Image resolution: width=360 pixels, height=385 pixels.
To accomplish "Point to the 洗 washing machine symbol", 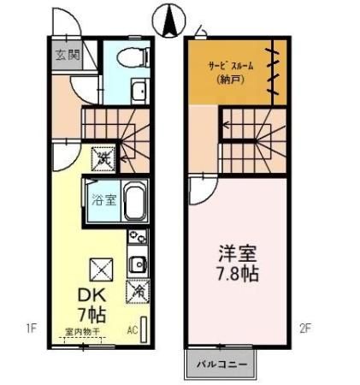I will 103,158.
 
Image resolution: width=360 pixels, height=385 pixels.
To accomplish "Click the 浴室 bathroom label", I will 102,202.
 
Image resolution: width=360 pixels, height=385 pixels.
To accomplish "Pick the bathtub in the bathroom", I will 136,202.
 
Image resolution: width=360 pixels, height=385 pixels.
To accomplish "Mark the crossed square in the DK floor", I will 102,269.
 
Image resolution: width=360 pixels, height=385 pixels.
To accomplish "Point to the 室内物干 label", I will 83,331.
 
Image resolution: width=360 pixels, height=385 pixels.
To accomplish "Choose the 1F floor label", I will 31,327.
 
